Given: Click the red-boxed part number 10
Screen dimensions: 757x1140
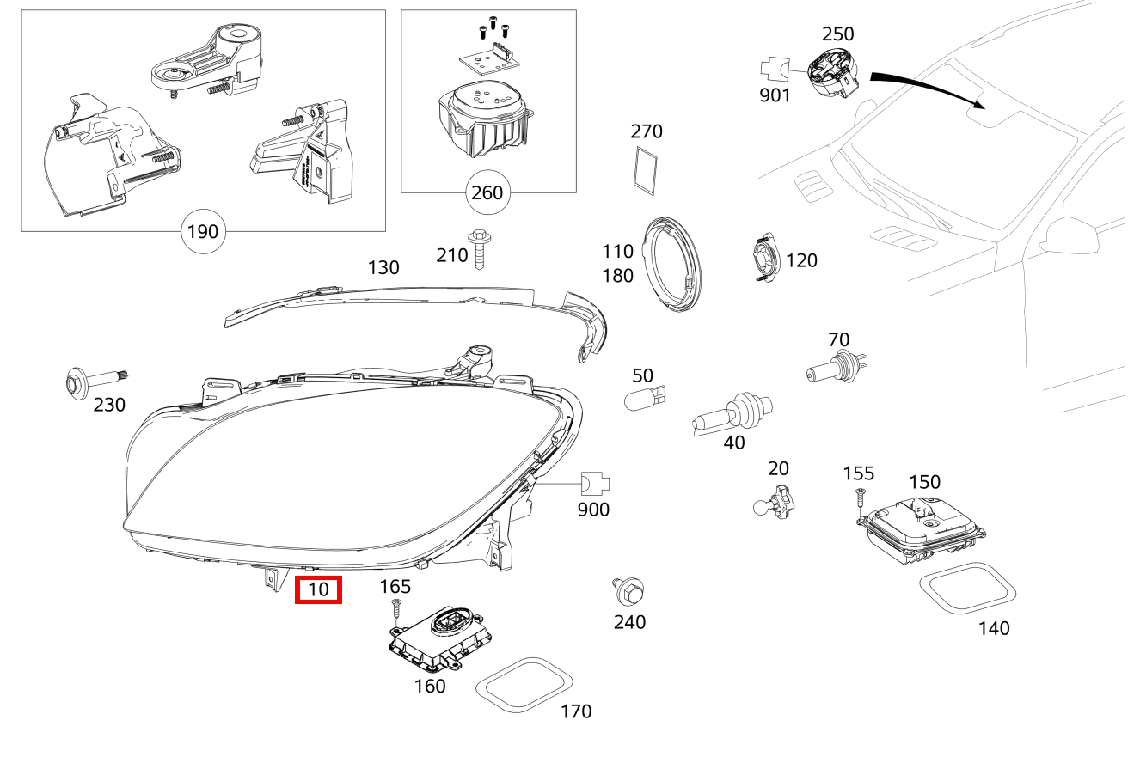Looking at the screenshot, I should (318, 590).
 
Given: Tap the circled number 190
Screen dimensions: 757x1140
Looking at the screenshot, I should (202, 231).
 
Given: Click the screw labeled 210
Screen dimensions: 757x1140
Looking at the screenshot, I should (478, 248).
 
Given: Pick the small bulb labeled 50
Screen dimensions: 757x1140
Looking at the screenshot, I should (646, 397).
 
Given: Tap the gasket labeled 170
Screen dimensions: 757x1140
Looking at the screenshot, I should (524, 686).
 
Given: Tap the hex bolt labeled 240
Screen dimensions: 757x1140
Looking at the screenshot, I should (630, 591).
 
